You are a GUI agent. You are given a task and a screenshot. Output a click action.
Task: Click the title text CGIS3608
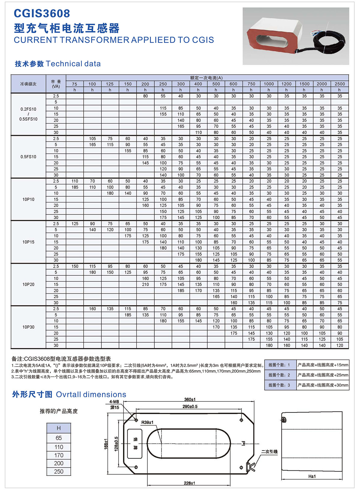(42, 13)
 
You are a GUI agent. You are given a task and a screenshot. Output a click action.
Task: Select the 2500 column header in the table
(340, 84)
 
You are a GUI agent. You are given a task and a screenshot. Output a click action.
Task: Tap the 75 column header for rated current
(74, 84)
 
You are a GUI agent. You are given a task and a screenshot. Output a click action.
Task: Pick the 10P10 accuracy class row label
(28, 199)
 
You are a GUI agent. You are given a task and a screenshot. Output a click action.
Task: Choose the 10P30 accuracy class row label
(28, 327)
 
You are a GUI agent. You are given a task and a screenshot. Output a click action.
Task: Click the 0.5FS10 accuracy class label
(28, 157)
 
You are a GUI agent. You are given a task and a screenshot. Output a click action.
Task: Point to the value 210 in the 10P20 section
(145, 284)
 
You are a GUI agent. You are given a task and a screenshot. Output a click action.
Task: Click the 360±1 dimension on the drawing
(190, 400)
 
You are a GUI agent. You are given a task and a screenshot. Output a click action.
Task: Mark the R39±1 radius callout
(147, 422)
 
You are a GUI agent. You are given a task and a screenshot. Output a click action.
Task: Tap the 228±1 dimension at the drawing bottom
(189, 483)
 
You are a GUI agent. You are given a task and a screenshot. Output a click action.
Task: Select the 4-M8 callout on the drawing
(114, 402)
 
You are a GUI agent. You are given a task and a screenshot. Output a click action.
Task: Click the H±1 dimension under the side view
(312, 476)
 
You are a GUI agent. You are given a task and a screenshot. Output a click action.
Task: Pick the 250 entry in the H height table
(59, 472)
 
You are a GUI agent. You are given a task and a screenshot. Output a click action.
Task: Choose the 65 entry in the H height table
(59, 438)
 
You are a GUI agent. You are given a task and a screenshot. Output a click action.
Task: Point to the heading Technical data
(73, 64)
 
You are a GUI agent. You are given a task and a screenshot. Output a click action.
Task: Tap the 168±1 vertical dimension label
(106, 444)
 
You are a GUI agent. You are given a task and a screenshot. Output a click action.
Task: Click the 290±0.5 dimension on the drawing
(190, 406)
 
